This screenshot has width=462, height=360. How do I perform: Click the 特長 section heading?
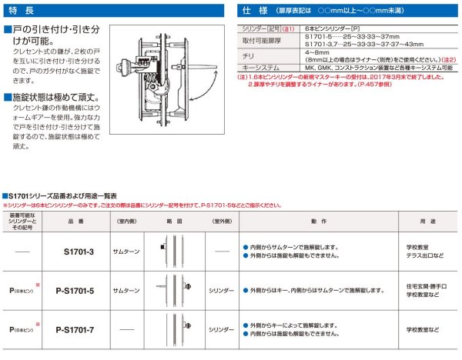23,11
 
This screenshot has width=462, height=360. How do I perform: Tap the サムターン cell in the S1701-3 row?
126,251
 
